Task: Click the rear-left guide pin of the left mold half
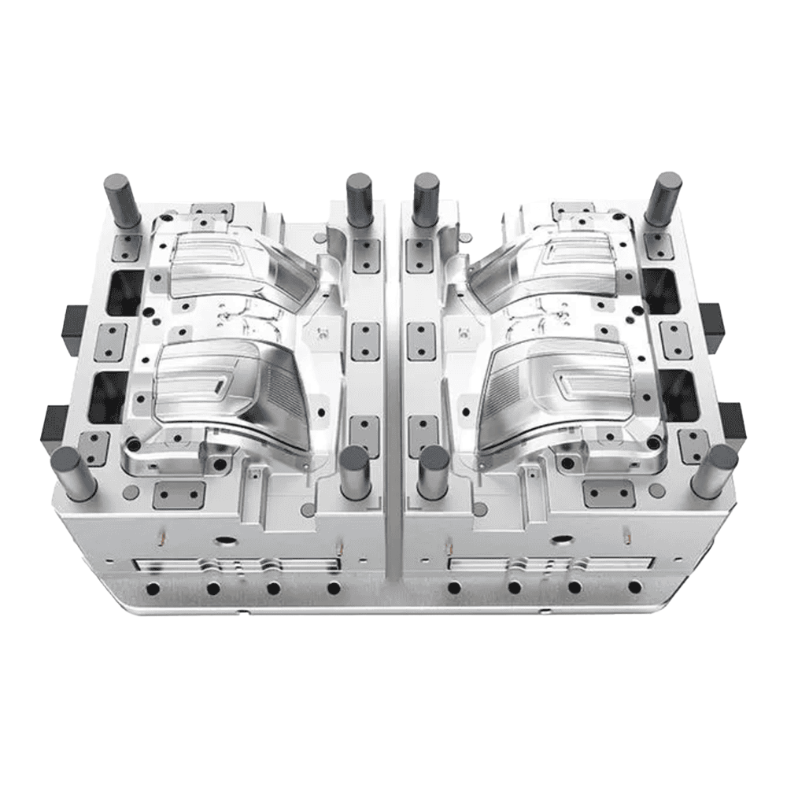pos(121,200)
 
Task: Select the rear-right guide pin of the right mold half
pos(663,198)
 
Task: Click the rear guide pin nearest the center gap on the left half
pos(359,199)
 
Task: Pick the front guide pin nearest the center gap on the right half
pos(433,472)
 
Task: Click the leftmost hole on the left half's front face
pos(153,588)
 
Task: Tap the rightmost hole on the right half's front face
pos(634,587)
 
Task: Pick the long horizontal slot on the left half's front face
pos(236,565)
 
